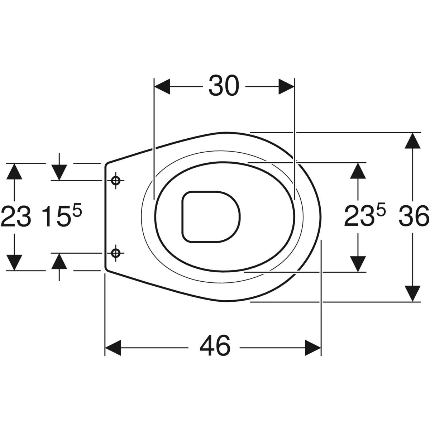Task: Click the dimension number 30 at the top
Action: [x=224, y=86]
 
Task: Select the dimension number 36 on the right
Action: [x=414, y=216]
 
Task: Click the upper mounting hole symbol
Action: [x=116, y=181]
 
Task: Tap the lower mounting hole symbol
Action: [x=116, y=253]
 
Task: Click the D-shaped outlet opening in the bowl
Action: [x=211, y=216]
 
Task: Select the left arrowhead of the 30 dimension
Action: [x=162, y=87]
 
